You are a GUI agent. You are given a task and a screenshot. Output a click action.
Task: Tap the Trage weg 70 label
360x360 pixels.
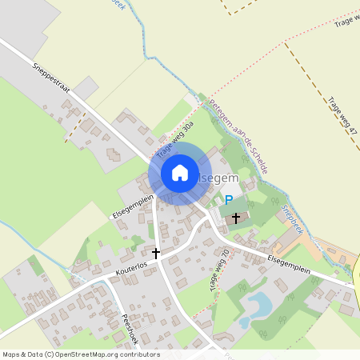(220, 270)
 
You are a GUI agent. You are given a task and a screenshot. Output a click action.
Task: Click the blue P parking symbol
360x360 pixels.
(229, 200)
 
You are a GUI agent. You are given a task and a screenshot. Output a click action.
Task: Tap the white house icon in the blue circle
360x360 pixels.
(180, 173)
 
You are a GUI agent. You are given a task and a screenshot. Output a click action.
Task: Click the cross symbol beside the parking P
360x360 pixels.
(236, 217)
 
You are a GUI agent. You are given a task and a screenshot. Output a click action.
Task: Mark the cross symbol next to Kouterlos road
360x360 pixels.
(156, 253)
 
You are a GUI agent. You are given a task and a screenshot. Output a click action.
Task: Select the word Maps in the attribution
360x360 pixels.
(12, 354)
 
